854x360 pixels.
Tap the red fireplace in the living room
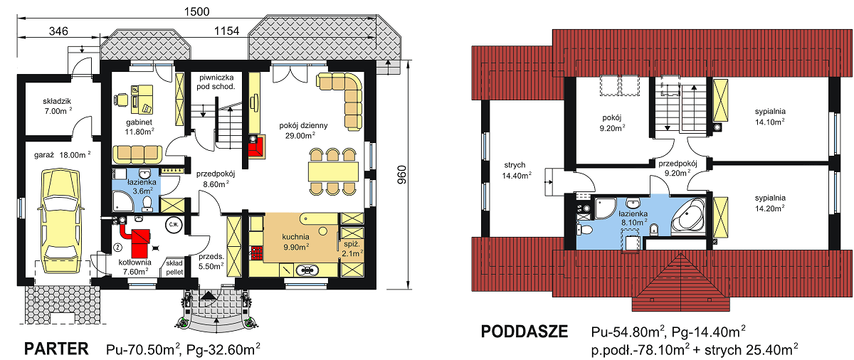(x=257, y=147)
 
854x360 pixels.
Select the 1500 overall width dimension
(x=196, y=11)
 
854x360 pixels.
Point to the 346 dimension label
(x=58, y=31)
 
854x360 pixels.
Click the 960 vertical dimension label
(x=402, y=175)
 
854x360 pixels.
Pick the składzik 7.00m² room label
(x=57, y=106)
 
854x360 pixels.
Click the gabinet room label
(x=139, y=122)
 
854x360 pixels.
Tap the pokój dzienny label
(x=303, y=125)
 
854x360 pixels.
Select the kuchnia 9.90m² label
(x=296, y=242)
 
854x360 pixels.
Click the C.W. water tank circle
(x=174, y=224)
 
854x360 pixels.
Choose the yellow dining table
(x=333, y=171)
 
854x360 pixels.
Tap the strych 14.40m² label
(x=516, y=170)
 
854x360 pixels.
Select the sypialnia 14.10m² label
(x=770, y=117)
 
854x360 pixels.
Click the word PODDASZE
(x=524, y=332)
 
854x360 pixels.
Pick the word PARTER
(x=56, y=349)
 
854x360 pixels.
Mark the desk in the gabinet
(x=142, y=99)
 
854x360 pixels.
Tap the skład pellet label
(x=174, y=268)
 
